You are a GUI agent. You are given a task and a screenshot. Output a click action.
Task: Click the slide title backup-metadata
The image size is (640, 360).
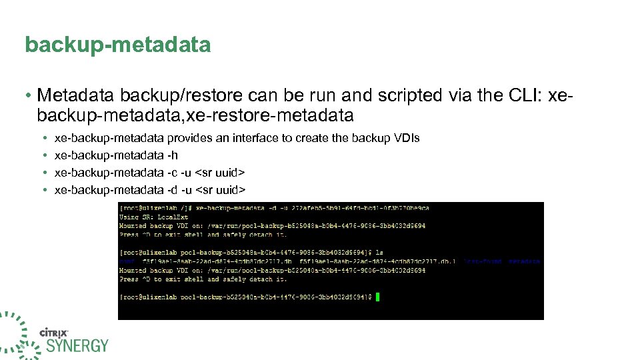[x=117, y=45]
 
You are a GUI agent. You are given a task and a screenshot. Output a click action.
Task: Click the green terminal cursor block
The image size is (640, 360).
[x=377, y=297]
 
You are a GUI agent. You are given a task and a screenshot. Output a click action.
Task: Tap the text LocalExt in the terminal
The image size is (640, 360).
[x=173, y=217]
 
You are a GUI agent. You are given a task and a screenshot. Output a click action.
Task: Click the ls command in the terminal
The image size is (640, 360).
[x=379, y=253]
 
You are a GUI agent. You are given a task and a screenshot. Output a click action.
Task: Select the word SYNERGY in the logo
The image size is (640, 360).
[x=77, y=346]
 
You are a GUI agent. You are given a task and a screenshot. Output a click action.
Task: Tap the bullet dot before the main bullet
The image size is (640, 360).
[x=29, y=96]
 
